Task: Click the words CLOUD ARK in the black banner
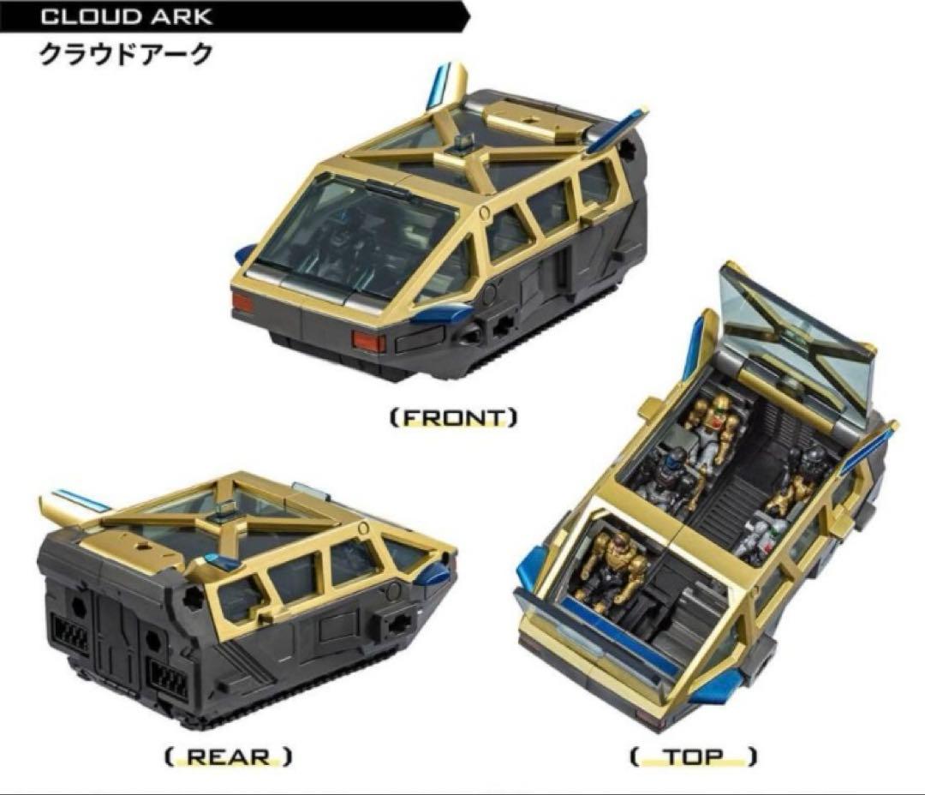coord(126,16)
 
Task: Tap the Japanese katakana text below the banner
coord(125,55)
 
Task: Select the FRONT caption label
coord(454,418)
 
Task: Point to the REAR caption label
coord(229,757)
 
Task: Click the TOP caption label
coord(693,756)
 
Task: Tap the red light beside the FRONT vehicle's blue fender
coord(368,341)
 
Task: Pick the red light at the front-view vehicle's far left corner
coord(242,302)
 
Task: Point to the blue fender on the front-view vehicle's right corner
coord(443,314)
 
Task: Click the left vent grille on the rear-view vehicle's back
coord(71,635)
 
